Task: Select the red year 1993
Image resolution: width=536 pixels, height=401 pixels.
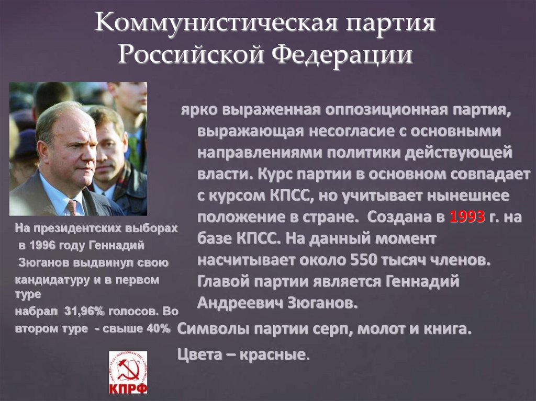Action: coord(467,217)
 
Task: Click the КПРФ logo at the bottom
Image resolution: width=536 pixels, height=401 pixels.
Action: coord(128,372)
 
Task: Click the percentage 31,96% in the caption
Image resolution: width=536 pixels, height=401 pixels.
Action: coord(85,311)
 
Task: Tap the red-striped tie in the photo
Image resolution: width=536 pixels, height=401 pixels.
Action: coord(72,207)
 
